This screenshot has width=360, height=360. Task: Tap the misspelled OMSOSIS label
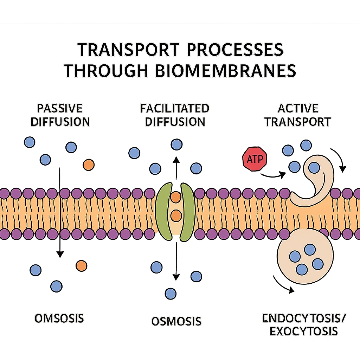coord(59,319)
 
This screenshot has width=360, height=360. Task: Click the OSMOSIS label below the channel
coord(176,321)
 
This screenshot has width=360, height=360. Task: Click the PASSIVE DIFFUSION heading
coord(60,115)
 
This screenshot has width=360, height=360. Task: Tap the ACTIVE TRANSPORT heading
coord(298,115)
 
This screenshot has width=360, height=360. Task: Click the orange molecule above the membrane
coord(88,165)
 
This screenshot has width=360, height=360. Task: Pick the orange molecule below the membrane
coord(81,266)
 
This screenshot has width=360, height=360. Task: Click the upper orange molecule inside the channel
coord(175,197)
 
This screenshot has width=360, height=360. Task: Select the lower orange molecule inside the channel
coord(175,214)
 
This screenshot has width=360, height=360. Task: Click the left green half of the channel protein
coord(164,211)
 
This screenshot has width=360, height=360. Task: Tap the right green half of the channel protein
coord(187,211)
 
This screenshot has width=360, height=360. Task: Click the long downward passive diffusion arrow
coord(60,211)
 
